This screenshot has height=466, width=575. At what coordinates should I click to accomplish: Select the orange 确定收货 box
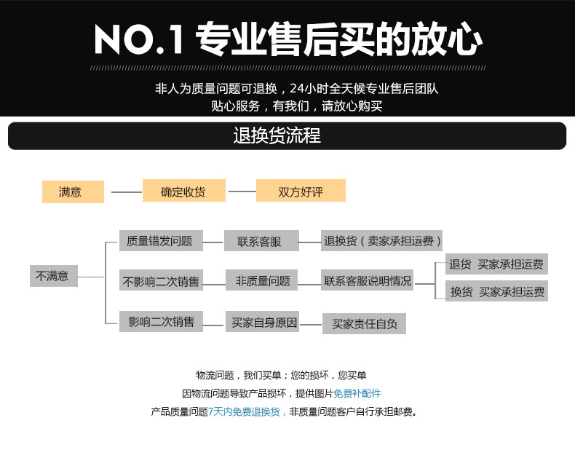(x=183, y=191)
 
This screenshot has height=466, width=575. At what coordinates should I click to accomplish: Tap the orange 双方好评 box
(x=301, y=191)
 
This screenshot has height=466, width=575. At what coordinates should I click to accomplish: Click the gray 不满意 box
(x=54, y=276)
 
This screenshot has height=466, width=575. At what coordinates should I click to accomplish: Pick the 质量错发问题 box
(x=159, y=241)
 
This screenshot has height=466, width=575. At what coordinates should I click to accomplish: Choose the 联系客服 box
(x=261, y=241)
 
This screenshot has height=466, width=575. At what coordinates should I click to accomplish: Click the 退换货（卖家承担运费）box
(x=382, y=241)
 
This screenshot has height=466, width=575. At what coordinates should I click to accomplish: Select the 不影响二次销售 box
(x=161, y=280)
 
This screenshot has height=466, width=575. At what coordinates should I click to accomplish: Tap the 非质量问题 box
(x=261, y=280)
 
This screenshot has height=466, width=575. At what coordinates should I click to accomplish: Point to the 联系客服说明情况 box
(x=368, y=280)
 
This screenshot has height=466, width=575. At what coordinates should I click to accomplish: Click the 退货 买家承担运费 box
(x=496, y=264)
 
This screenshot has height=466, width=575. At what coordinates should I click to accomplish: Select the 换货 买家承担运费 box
(x=496, y=291)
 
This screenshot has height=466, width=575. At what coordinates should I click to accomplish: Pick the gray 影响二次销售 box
(x=161, y=322)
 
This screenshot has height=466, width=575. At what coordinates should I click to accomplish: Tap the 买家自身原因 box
(x=263, y=322)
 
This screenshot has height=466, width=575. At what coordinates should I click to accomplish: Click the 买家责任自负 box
(x=364, y=323)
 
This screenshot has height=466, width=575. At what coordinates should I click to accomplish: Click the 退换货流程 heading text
(x=277, y=136)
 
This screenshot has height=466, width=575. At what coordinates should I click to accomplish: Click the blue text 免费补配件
(x=357, y=393)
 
